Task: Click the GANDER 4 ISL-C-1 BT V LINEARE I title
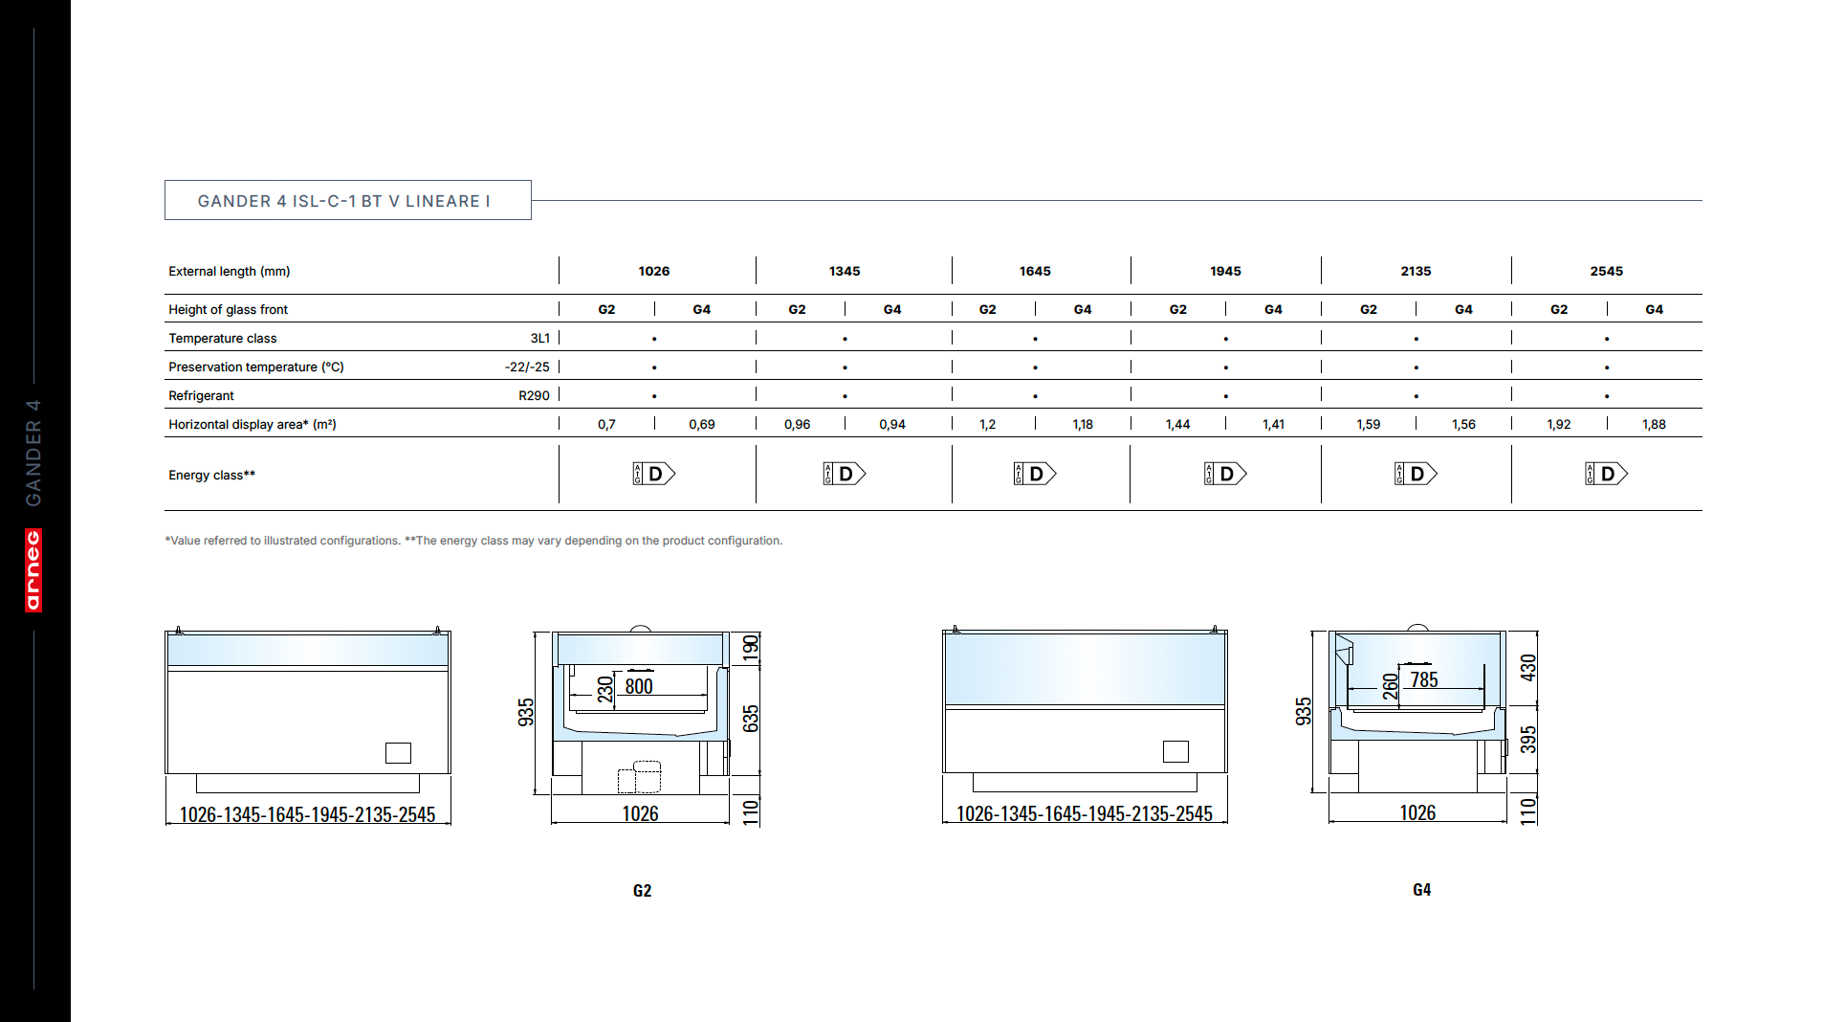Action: [343, 201]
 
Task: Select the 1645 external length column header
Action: [1035, 271]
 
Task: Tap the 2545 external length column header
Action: [1607, 271]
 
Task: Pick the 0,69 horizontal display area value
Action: [702, 424]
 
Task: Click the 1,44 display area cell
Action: [1177, 424]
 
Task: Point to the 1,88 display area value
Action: [1654, 424]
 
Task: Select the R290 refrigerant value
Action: [534, 395]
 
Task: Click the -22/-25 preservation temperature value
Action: [527, 367]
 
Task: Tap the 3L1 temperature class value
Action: [540, 338]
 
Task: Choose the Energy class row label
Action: [212, 475]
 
